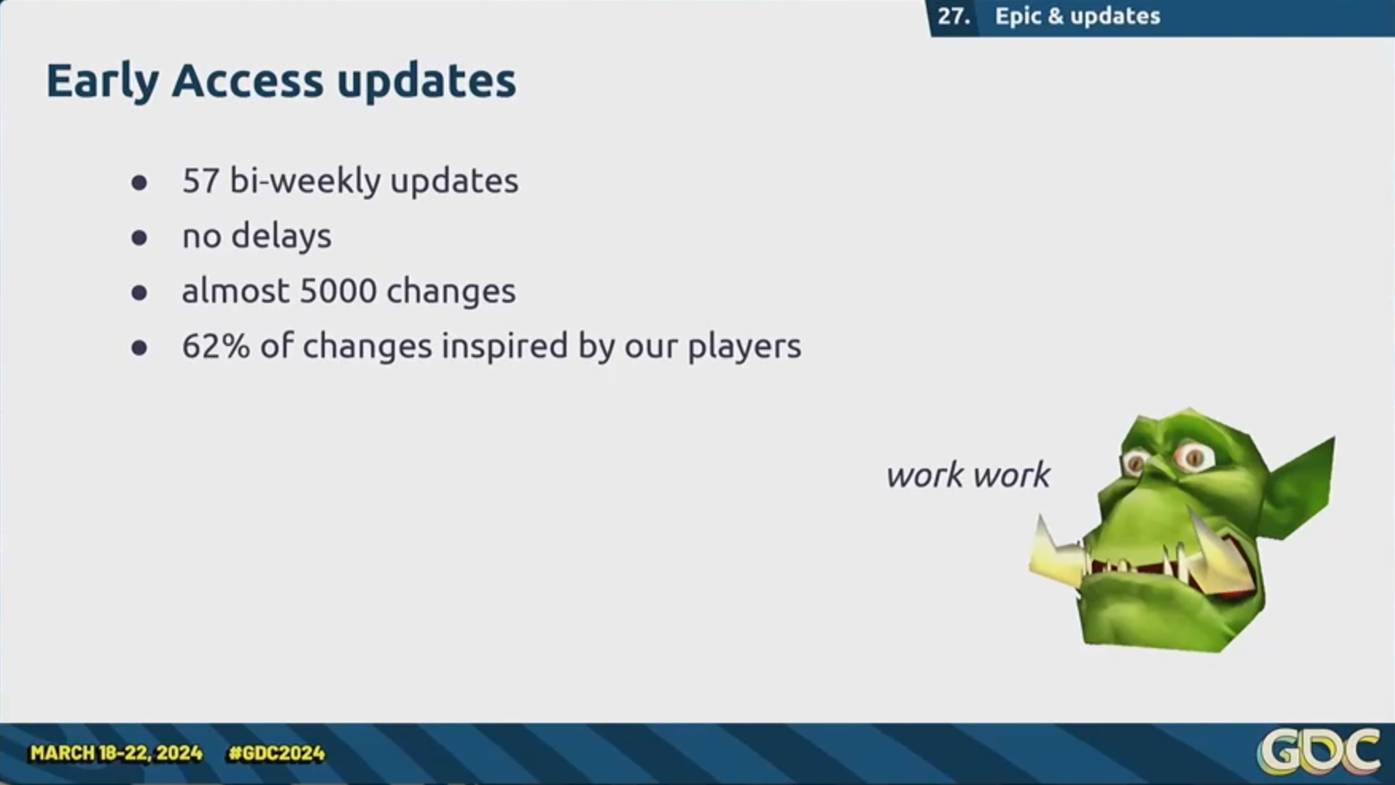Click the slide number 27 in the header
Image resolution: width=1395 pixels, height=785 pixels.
point(953,16)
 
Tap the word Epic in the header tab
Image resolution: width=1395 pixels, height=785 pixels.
point(1018,17)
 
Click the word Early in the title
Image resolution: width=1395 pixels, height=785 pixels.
point(102,82)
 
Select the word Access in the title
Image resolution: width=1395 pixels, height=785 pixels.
point(247,81)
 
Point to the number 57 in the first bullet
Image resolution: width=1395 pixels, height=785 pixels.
point(201,181)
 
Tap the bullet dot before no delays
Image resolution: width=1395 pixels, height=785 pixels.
point(139,238)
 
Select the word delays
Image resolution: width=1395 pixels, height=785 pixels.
point(281,236)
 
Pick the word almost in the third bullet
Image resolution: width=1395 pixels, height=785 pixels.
point(236,291)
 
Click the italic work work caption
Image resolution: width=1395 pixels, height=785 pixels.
point(968,476)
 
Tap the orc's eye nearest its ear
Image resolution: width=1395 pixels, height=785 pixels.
point(1194,457)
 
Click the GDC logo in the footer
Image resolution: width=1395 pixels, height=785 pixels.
point(1318,752)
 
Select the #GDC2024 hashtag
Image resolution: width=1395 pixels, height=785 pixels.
point(276,753)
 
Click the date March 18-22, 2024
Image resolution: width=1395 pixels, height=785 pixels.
point(116,753)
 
